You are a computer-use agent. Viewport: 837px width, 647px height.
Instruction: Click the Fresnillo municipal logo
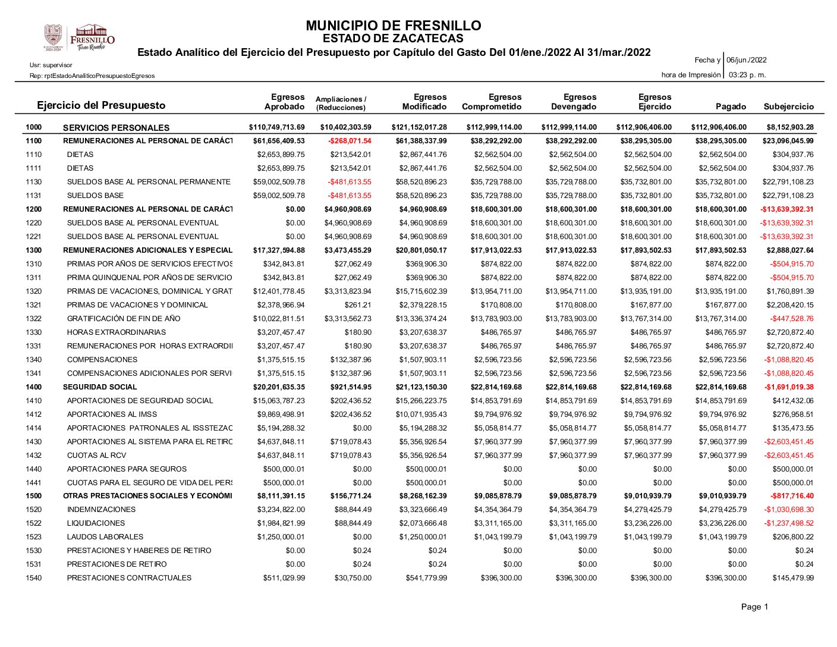click(79, 37)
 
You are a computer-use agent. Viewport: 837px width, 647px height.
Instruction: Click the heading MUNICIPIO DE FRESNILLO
click(393, 26)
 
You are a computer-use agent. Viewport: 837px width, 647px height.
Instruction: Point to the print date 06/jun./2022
click(747, 60)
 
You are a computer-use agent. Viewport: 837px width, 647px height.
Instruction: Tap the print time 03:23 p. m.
click(747, 75)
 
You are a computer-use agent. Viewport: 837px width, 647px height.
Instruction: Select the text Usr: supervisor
click(51, 65)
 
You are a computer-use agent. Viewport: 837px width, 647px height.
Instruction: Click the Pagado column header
click(731, 106)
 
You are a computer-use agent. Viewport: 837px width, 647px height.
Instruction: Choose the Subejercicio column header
click(788, 106)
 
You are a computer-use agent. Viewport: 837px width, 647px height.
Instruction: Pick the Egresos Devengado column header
click(574, 102)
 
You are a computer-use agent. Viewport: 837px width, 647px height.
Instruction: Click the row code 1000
click(34, 127)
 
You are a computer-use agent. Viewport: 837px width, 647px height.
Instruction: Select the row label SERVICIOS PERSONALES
click(116, 127)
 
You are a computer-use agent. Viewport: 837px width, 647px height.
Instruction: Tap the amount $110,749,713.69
click(276, 127)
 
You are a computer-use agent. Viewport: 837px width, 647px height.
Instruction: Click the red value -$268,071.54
click(350, 141)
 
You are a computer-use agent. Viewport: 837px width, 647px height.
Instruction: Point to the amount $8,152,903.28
click(789, 127)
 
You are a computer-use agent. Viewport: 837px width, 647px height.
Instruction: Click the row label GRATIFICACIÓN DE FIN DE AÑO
click(124, 319)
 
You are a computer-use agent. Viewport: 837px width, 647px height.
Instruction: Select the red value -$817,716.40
click(792, 496)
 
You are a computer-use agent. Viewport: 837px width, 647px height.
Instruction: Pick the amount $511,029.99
click(284, 578)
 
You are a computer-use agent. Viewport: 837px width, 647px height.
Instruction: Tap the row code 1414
click(34, 428)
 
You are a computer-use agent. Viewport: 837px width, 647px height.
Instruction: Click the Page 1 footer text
click(754, 607)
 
